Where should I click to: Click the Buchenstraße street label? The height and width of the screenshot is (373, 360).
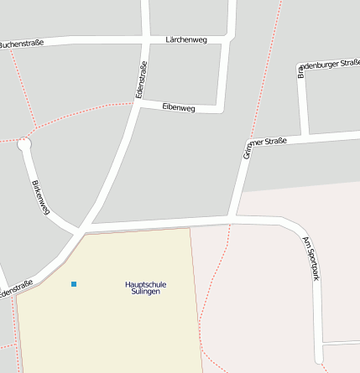20,44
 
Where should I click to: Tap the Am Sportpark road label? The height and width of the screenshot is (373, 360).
310,259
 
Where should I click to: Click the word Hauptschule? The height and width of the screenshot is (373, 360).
145,284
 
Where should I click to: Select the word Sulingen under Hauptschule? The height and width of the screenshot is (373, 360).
145,293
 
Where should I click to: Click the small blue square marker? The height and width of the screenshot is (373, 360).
74,284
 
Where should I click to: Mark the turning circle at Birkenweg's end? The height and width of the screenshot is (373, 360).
24,144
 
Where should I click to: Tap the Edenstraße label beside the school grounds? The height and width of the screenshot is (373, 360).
17,289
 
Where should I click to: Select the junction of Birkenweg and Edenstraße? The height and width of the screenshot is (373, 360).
81,229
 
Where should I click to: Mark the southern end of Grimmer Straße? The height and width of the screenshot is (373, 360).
232,220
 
